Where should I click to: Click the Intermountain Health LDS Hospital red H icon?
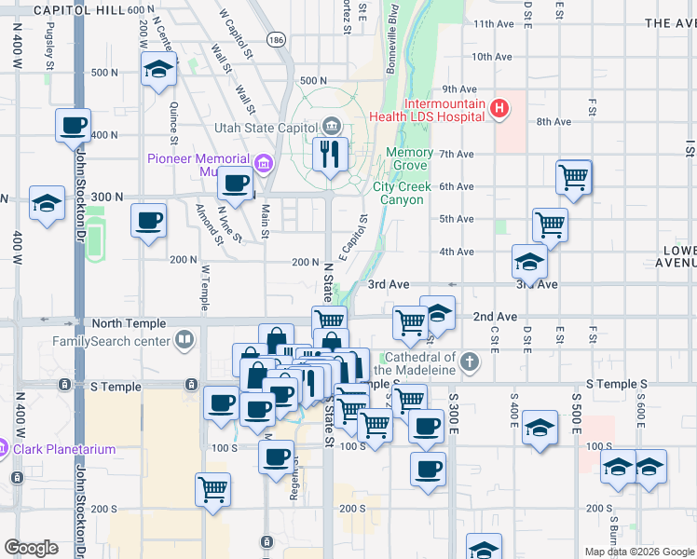499,109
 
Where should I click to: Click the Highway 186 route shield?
276,40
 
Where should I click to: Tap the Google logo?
32,547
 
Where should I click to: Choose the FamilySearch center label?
111,341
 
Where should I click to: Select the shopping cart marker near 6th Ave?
574,176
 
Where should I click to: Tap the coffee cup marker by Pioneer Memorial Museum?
236,183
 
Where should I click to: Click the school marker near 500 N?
159,68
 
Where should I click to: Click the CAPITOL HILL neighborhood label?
77,8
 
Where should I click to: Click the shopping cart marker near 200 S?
213,488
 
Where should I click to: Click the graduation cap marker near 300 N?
46,203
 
